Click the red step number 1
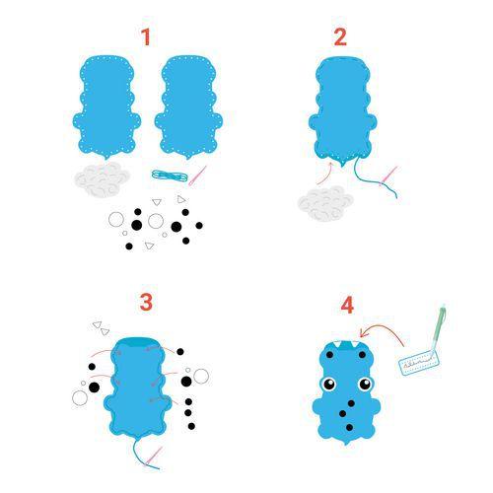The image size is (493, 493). point(146,37)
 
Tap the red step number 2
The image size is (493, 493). point(340,37)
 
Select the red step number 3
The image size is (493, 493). point(146,302)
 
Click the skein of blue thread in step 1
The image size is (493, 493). point(169,176)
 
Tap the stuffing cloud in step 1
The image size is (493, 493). point(103,179)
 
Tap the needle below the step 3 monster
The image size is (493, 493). point(154,457)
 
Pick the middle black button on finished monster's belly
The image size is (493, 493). point(346,407)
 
